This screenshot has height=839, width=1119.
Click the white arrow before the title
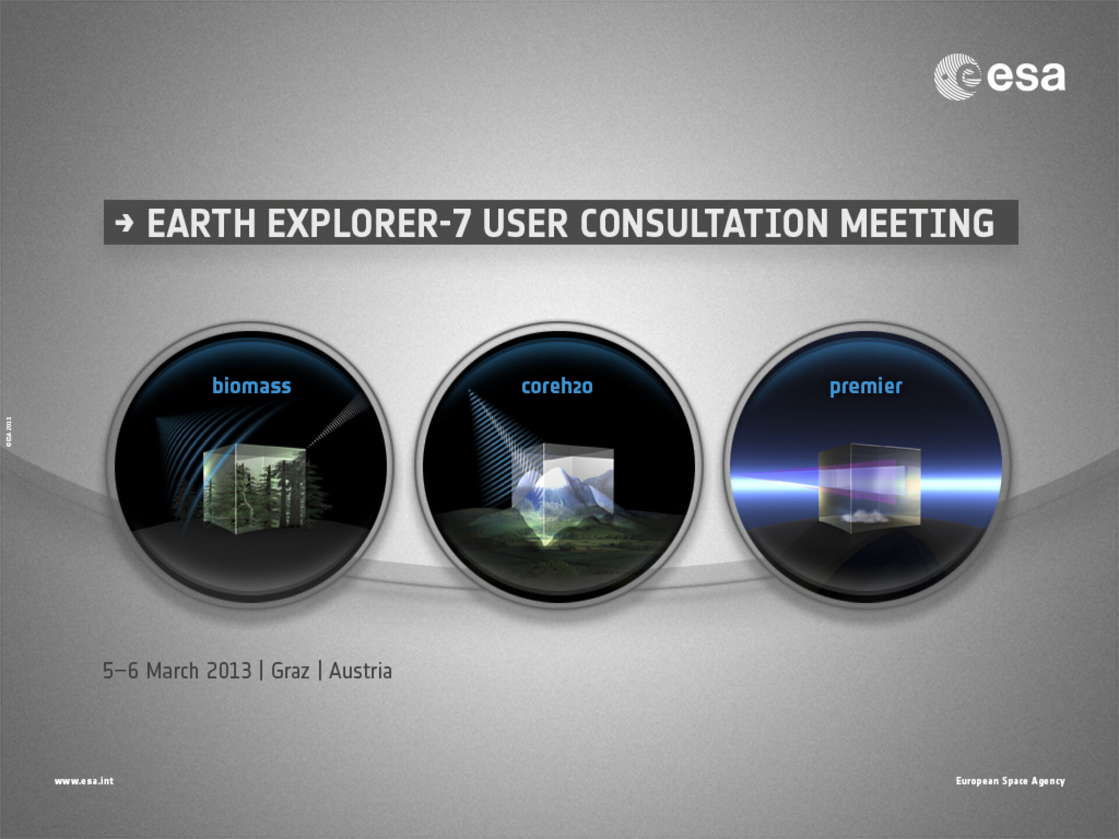[124, 223]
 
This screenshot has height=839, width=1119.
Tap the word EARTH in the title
[201, 223]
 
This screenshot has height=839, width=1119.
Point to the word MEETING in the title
[917, 223]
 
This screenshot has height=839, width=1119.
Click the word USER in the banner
[525, 223]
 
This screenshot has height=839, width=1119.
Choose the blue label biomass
[251, 386]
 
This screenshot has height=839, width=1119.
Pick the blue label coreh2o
[557, 386]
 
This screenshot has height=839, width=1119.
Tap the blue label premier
[865, 386]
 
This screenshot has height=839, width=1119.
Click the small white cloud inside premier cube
[864, 516]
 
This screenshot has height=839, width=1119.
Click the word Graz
[290, 671]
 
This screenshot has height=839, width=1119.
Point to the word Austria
[360, 671]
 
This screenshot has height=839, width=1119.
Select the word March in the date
[173, 671]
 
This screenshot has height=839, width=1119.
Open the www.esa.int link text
[84, 781]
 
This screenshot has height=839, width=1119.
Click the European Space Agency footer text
[1010, 781]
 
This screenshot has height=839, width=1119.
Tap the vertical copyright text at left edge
[9, 432]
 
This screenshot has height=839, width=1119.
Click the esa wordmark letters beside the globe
[1026, 77]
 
